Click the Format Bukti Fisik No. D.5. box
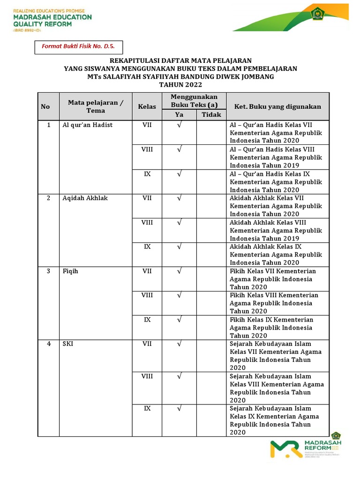click(x=75, y=47)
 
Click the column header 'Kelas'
click(x=147, y=106)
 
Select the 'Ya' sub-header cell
click(x=179, y=115)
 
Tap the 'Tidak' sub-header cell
click(x=211, y=115)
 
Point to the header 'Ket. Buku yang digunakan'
click(x=277, y=106)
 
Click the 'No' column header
click(x=45, y=106)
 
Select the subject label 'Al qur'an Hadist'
click(x=88, y=125)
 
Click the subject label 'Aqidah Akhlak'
click(x=85, y=198)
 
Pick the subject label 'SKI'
click(x=67, y=344)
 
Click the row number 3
click(x=48, y=271)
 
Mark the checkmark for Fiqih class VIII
click(x=179, y=295)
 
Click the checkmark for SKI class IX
click(x=179, y=409)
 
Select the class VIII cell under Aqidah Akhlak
click(x=147, y=223)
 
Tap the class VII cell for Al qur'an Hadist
click(x=147, y=125)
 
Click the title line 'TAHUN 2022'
click(x=180, y=84)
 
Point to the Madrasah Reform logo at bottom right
click(x=307, y=449)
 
